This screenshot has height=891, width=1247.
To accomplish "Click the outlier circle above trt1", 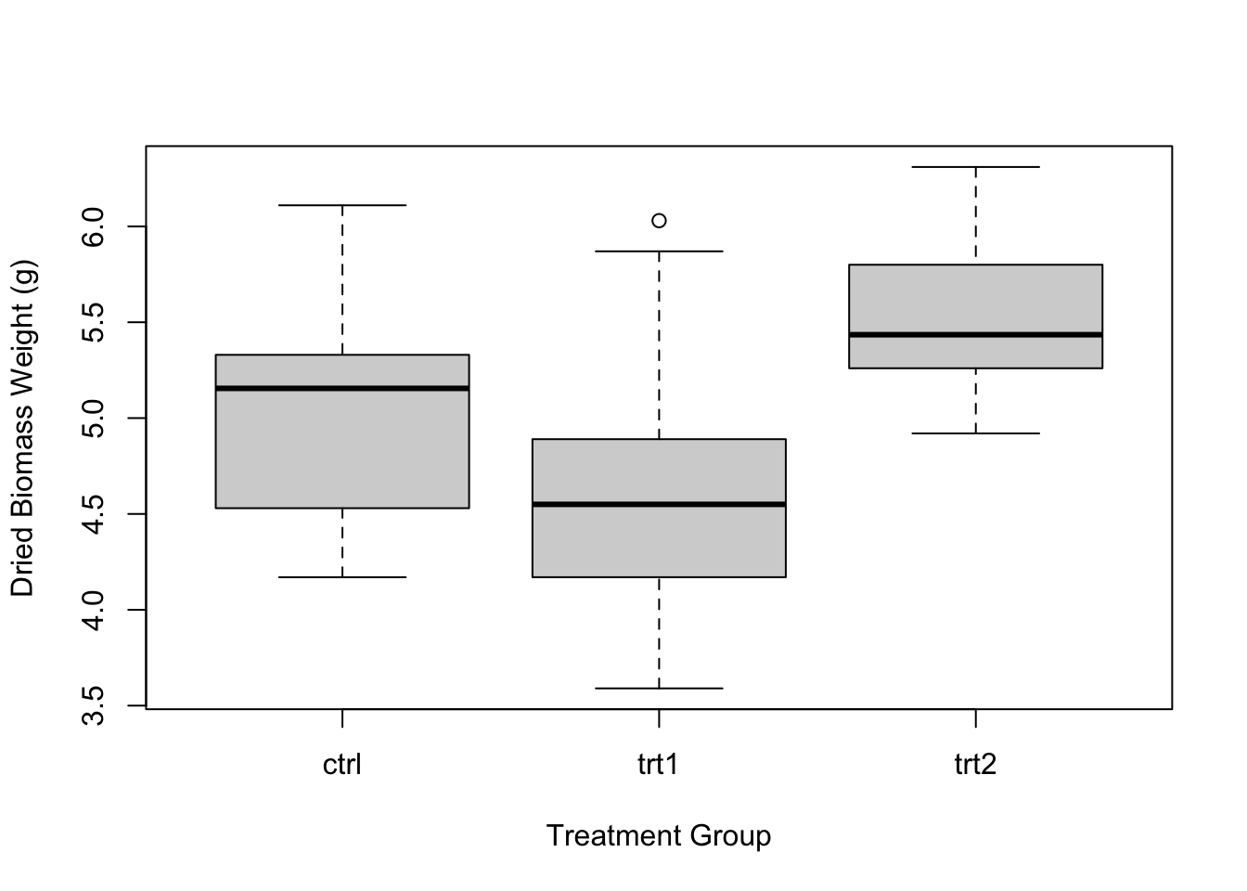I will coord(659,221).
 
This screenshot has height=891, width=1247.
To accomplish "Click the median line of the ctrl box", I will coord(342,388).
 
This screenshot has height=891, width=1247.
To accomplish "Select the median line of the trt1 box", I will coord(659,504).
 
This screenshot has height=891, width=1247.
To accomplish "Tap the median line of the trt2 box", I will coord(975,334).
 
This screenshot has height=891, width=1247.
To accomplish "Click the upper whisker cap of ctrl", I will coord(342,205).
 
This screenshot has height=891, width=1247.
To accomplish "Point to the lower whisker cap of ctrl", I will coord(342,577).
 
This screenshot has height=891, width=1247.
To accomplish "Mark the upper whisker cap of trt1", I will coord(659,252).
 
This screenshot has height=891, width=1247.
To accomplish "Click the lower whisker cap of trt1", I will coord(659,689).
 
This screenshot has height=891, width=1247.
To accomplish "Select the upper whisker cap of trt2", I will coord(975,167).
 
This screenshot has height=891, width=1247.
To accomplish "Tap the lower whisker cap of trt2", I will coord(975,433).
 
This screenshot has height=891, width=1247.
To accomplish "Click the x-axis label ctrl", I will coord(342,765).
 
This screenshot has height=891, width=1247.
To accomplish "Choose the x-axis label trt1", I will coord(659,765).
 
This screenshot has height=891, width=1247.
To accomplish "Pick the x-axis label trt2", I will coord(975,765).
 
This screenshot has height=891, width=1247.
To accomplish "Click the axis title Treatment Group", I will coord(659,836).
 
